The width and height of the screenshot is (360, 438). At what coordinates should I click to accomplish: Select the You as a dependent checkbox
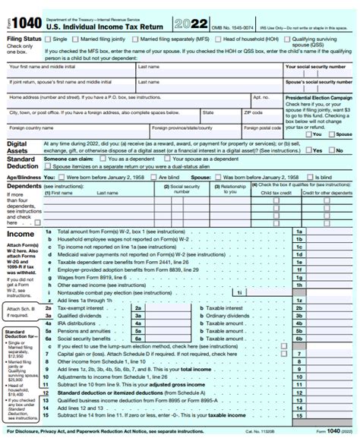(104, 159)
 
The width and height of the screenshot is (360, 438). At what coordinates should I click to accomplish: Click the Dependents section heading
(24, 185)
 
